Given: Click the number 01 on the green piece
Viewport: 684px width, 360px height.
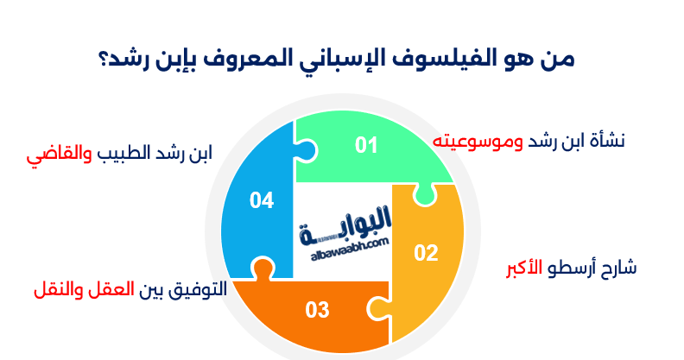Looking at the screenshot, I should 367,145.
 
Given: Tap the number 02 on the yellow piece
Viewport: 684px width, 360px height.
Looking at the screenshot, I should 426,253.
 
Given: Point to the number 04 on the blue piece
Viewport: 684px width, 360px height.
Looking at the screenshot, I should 262,200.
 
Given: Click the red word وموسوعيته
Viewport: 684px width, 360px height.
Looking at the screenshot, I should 472,141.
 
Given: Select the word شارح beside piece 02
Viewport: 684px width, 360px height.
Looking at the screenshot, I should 617,268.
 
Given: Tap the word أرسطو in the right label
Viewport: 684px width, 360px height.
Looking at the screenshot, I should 572,267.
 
